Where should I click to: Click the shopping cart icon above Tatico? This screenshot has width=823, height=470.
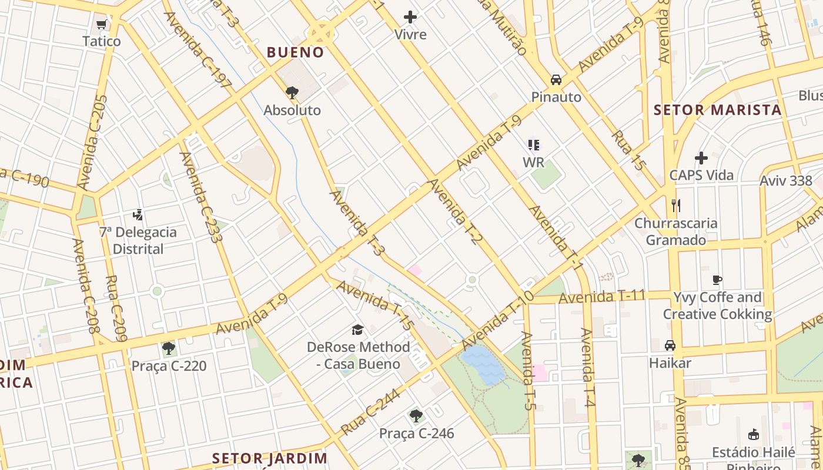[x=101, y=25]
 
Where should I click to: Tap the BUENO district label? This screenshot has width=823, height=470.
[x=295, y=52]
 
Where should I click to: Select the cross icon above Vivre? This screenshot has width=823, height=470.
[x=410, y=17]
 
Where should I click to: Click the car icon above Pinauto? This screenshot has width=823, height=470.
[x=556, y=80]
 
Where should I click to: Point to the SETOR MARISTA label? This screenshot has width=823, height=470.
[x=717, y=110]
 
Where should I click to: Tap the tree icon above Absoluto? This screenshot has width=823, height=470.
[x=292, y=92]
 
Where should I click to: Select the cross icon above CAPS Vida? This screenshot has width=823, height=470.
[x=701, y=158]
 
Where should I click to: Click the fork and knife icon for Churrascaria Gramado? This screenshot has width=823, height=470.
[x=675, y=206]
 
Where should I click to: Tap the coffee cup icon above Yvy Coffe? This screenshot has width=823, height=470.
[x=717, y=280]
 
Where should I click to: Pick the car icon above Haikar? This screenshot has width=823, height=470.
[x=670, y=345]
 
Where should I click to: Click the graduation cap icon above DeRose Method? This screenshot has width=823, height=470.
[x=357, y=330]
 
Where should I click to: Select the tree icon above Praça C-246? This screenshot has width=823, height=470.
[x=416, y=416]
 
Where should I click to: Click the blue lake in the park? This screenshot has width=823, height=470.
[x=483, y=365]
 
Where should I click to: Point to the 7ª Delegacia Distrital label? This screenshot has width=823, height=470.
[x=138, y=240]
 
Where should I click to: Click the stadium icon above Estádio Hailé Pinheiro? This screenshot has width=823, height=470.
[x=753, y=435]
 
